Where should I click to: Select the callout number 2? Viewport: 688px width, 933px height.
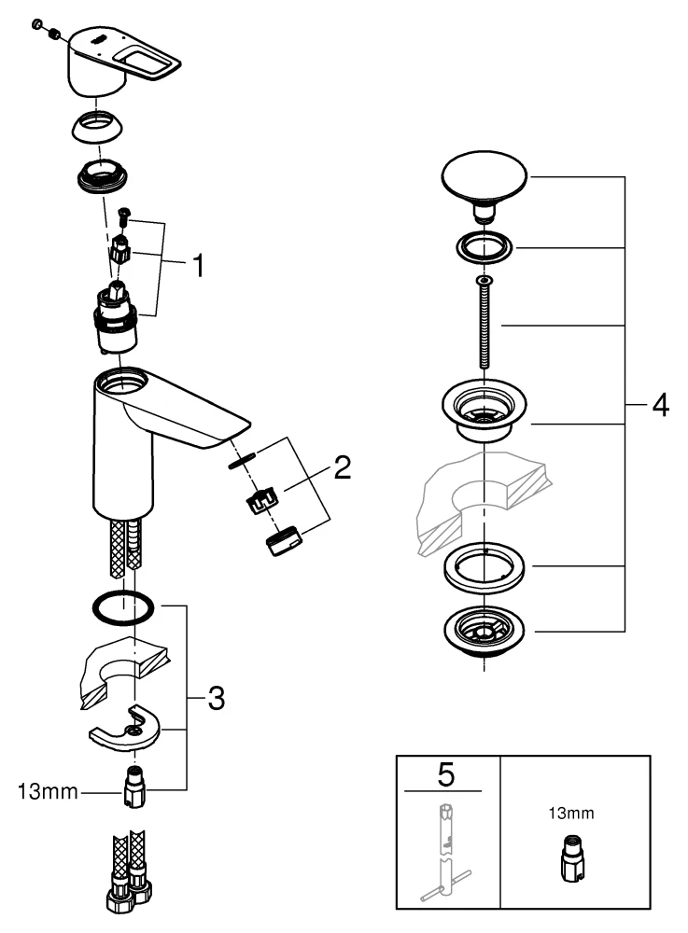pos(342,467)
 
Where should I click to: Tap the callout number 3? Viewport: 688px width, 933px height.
pos(215,697)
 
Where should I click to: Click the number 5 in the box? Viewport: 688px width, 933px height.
pos(444,773)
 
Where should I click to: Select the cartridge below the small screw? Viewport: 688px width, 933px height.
pos(118,317)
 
